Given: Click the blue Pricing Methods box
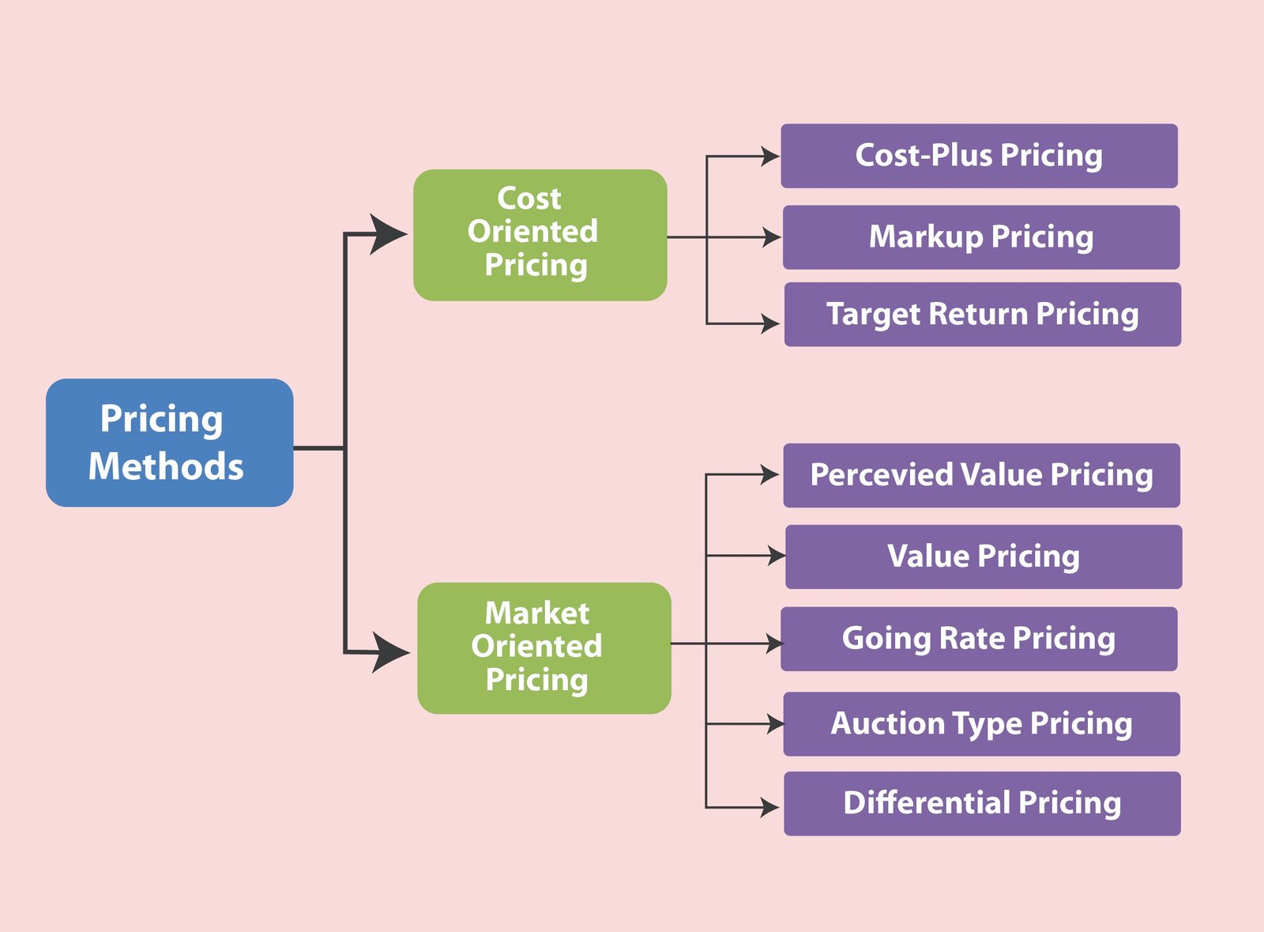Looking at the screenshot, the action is (x=169, y=443).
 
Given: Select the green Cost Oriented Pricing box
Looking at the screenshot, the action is (x=540, y=235).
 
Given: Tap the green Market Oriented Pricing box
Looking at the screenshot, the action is (x=544, y=648).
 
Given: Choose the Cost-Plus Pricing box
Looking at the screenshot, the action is (x=979, y=156).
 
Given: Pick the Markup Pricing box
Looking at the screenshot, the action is (x=981, y=237).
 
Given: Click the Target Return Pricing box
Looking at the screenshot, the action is (x=983, y=315).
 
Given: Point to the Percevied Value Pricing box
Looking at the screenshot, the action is (x=982, y=475).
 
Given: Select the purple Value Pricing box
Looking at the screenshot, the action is (x=984, y=557).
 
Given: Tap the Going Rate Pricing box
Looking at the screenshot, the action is (x=979, y=639).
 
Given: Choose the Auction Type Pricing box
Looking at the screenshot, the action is (x=982, y=724).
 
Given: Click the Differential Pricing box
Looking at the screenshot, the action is (x=983, y=804).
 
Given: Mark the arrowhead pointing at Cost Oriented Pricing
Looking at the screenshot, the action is (x=386, y=234).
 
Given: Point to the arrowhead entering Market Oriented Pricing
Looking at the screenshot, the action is (x=389, y=653).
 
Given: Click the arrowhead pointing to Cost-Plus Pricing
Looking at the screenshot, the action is (x=769, y=156).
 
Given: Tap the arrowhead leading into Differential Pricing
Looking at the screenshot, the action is (x=769, y=807).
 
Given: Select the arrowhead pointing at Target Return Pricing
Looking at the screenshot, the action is (x=770, y=323).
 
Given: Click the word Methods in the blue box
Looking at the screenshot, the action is (x=166, y=466).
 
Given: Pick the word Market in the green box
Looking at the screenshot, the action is (x=537, y=613).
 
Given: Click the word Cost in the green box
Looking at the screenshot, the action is (x=529, y=198).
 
